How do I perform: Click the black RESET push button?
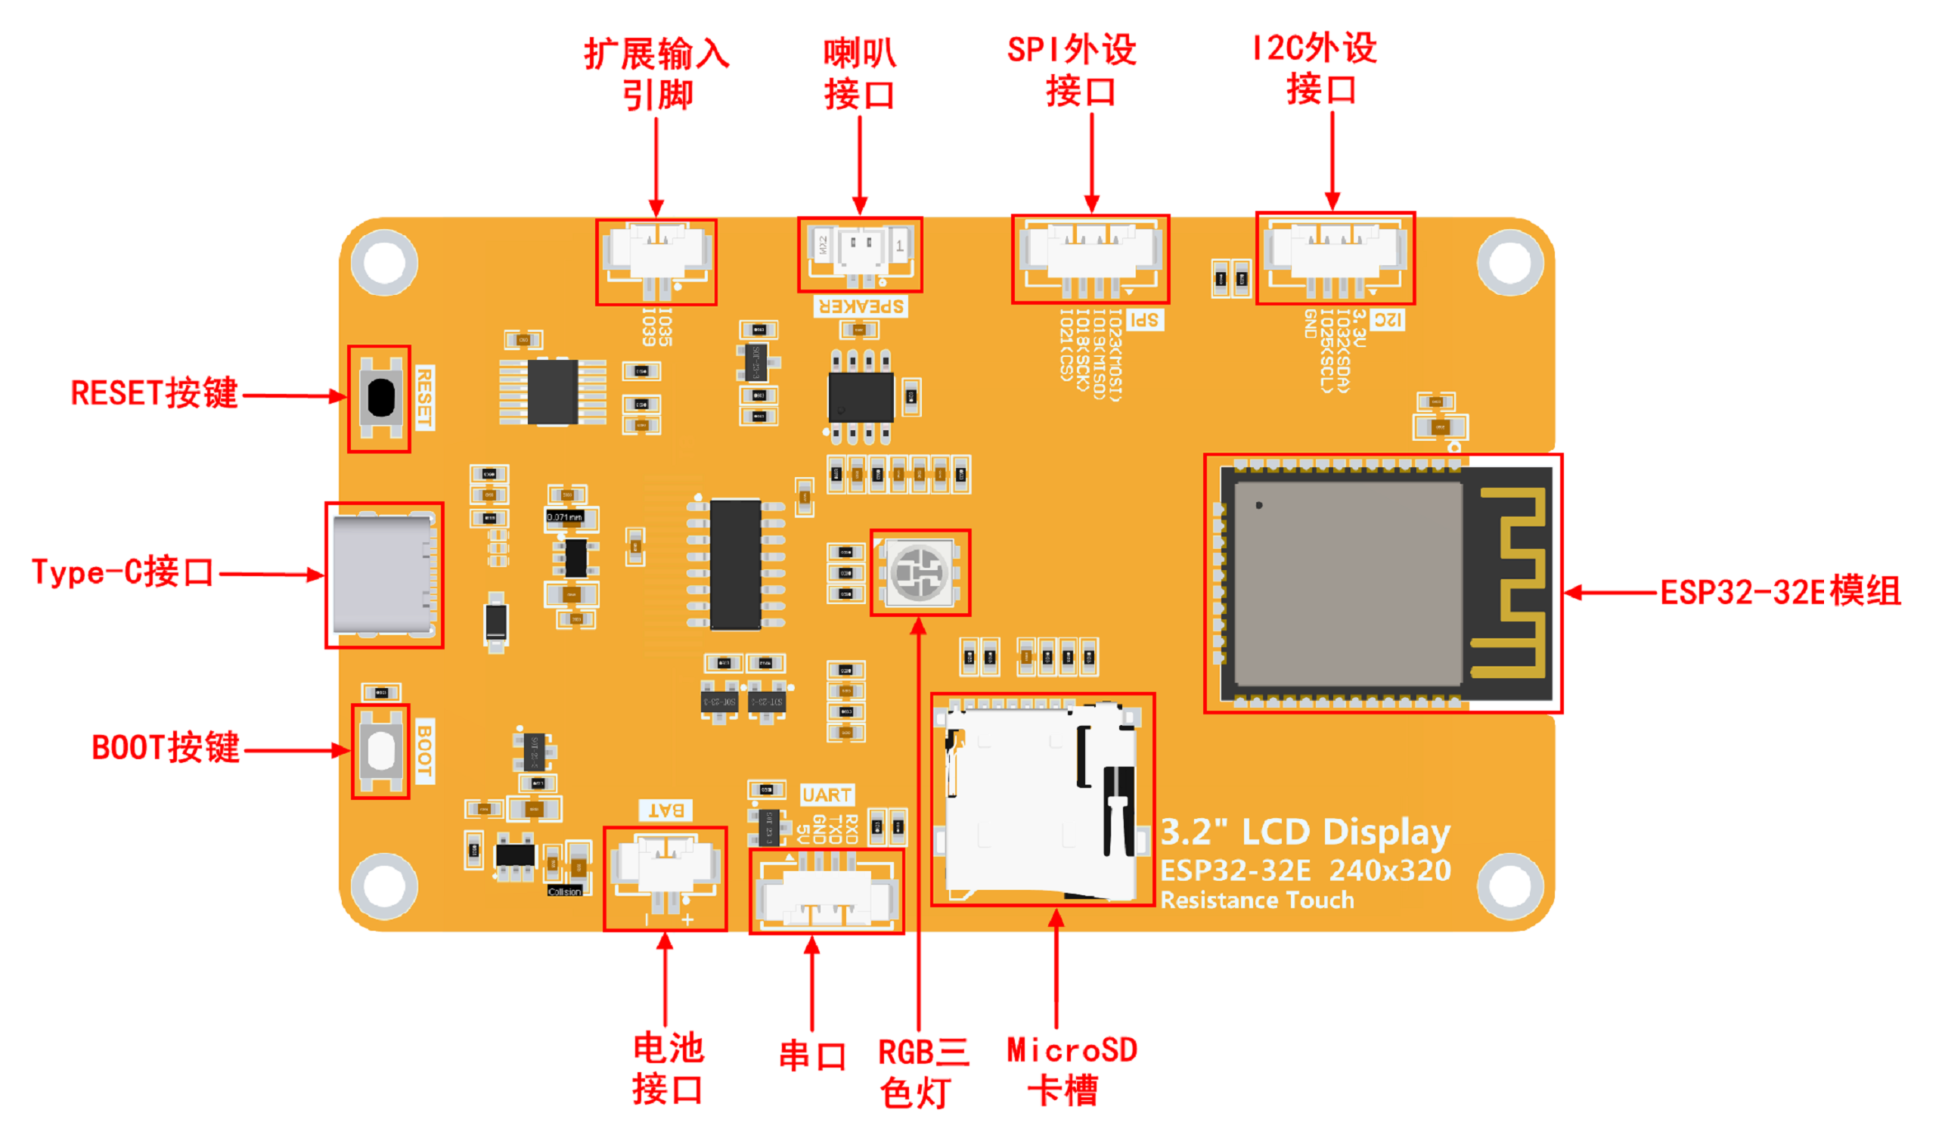(x=380, y=397)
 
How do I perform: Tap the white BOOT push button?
(x=380, y=750)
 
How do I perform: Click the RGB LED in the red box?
(x=920, y=572)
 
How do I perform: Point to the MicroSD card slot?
(x=1040, y=800)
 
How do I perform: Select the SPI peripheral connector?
(x=1090, y=258)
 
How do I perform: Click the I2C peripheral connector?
(x=1336, y=256)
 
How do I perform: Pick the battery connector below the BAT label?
(x=664, y=876)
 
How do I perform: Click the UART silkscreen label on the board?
(x=827, y=795)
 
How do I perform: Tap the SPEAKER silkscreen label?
(x=861, y=306)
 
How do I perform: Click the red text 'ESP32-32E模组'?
(x=1779, y=593)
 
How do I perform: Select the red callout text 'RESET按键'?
(x=154, y=393)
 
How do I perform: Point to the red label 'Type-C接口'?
(x=123, y=572)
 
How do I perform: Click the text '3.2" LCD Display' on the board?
(x=1305, y=832)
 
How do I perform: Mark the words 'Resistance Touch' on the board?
(x=1257, y=900)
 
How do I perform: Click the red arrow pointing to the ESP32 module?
(x=1612, y=593)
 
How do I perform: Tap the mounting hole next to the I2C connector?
(x=1509, y=262)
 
